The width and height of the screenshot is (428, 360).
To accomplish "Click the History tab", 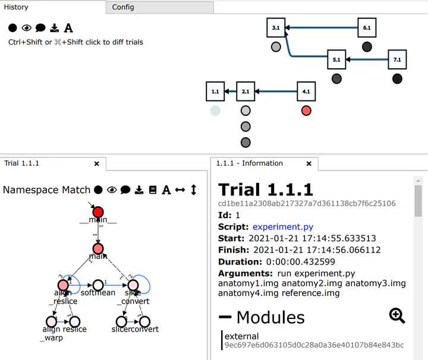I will coord(16,7).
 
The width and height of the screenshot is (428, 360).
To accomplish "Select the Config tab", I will coord(123,7).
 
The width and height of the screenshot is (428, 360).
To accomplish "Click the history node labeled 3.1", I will coord(276,28).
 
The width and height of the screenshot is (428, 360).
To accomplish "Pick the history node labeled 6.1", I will coord(367,28).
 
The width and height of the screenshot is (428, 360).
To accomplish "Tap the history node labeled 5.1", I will coord(336,59).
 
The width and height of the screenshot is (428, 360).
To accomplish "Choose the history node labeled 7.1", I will coord(397,59).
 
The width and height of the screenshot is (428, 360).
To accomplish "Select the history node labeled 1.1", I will coord(215,91).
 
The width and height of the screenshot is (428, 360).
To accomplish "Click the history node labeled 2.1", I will coord(246,91).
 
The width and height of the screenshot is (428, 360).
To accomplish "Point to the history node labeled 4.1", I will coord(306,91).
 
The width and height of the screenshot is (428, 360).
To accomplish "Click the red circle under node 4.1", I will coord(306,110).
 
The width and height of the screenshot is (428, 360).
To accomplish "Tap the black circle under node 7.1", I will coord(397,78).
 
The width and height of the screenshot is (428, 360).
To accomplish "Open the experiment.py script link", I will coord(283,226).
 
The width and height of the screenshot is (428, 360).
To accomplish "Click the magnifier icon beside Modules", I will coord(397,315).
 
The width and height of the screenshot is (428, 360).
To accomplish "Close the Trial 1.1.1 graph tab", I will coord(97,163).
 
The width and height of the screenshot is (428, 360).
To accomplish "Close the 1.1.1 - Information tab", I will coord(309,163).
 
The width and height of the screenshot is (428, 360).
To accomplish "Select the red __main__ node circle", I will coord(98,212).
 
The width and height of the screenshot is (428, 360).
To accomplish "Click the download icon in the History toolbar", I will coord(55,28).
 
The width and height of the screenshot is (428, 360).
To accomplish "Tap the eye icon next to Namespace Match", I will coord(112,190).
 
